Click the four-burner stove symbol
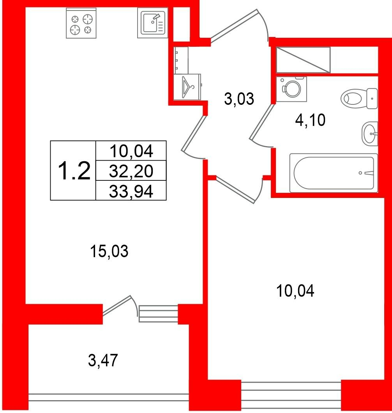coord(81,23)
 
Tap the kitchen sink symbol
coord(152,23)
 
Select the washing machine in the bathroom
coord(291,89)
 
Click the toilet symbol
coord(359,99)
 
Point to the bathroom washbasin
coord(370,134)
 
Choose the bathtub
coord(334,173)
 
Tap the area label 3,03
coord(239,99)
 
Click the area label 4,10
coord(310,120)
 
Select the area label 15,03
coord(109,251)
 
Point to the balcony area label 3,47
coord(103,360)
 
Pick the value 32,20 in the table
coord(131,171)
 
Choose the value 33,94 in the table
coord(131,191)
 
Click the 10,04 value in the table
coord(131,152)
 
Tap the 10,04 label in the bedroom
coord(295,291)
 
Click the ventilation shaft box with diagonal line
coord(303,60)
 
